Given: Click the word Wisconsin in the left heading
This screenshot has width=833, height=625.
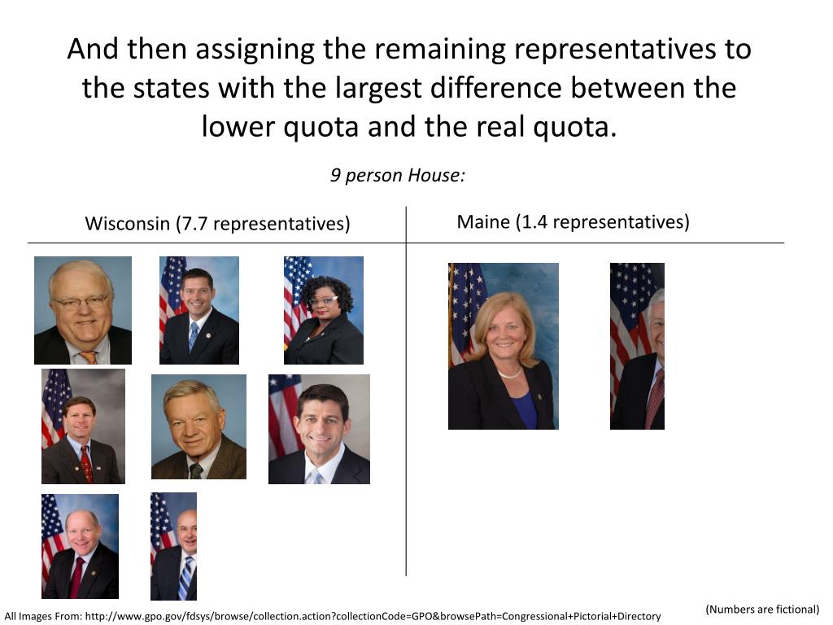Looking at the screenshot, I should tap(128, 224).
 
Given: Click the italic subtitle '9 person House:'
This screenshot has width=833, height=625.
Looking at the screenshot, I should tap(398, 175).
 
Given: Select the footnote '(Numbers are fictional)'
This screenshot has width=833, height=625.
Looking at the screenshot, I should tap(762, 609).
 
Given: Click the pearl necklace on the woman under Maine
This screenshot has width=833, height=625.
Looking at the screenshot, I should tap(509, 374).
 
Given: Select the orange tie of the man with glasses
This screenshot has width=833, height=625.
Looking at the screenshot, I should tap(88, 356).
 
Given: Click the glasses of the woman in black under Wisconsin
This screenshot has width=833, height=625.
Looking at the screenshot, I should tap(323, 300).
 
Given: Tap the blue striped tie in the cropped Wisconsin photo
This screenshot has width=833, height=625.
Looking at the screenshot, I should tap(185, 576).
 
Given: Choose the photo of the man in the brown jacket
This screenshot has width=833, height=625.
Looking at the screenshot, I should tap(198, 426).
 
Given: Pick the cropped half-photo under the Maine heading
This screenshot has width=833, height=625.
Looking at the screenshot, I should tap(637, 346).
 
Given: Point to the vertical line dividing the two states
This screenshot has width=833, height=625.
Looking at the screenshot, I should tap(406, 391).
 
